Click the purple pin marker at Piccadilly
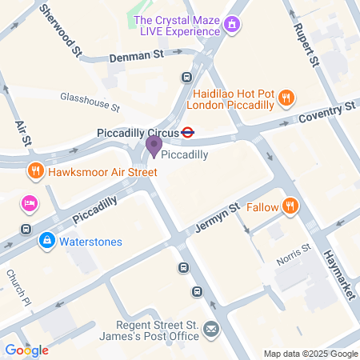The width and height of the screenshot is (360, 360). [153, 146]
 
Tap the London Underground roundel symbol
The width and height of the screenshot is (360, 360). [188, 132]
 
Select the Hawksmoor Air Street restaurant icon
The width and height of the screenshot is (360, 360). [35, 170]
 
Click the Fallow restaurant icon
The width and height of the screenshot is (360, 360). [290, 207]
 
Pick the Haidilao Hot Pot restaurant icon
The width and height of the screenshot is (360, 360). [286, 99]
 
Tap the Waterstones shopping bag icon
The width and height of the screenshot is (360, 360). [47, 240]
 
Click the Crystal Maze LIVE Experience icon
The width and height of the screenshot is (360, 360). [232, 25]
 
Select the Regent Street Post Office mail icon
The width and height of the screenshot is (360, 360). [210, 330]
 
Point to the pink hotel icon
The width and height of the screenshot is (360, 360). [30, 203]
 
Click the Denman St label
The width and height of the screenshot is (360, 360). [136, 54]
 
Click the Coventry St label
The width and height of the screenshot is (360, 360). [327, 112]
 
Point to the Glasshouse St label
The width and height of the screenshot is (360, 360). [90, 101]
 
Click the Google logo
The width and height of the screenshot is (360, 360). [26, 350]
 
